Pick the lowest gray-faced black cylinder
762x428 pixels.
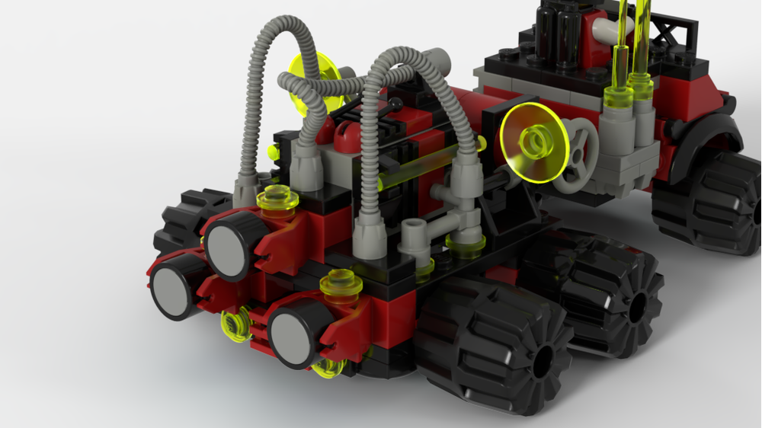[x=294, y=333]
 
